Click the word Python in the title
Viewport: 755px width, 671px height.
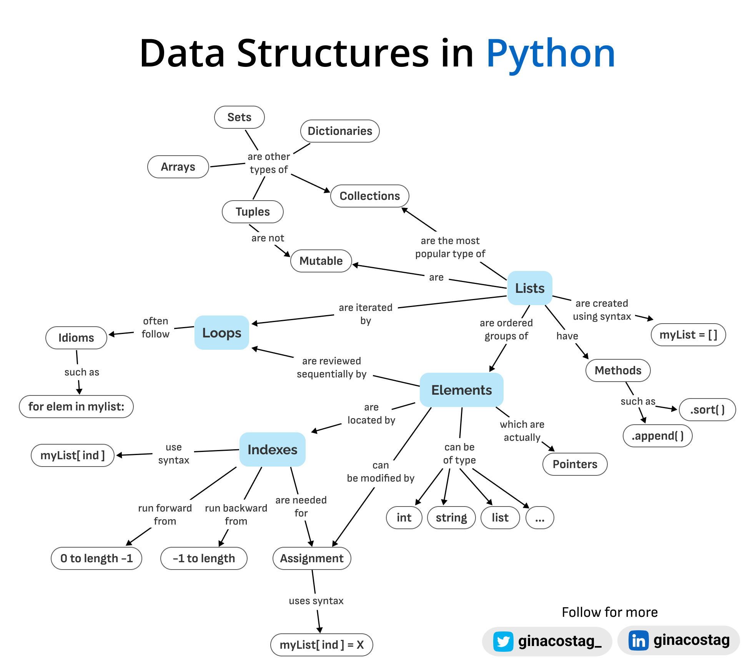(550, 54)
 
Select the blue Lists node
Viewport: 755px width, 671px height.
(530, 288)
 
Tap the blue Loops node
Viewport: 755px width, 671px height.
(222, 333)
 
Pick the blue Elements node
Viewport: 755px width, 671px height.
(461, 390)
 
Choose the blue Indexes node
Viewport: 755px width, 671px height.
(272, 450)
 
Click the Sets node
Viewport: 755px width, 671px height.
(239, 117)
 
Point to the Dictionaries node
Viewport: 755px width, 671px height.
(340, 131)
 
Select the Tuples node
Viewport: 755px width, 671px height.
(253, 212)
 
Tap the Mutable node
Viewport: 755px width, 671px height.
(321, 261)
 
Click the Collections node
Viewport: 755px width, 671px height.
(369, 196)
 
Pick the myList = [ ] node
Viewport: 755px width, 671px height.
(688, 335)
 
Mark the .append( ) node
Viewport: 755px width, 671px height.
(657, 436)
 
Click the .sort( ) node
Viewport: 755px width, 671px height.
(707, 410)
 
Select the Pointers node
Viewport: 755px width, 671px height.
(575, 464)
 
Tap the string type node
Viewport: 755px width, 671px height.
(451, 518)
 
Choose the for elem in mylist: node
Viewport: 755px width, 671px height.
(76, 407)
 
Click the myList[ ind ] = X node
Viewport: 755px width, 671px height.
(321, 645)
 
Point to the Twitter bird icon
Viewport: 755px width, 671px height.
(503, 641)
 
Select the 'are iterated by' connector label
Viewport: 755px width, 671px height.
(366, 314)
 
